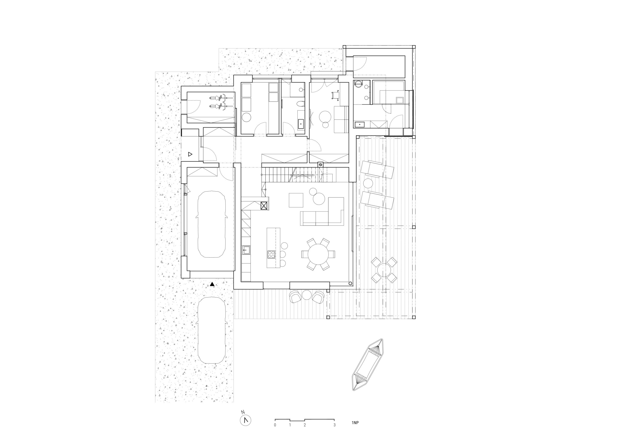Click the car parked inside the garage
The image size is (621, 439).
(x=212, y=224)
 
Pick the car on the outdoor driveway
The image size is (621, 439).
(x=212, y=330)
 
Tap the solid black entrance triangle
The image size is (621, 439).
(x=212, y=284)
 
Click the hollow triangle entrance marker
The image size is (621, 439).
(x=190, y=154)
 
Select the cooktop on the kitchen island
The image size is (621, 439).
(x=271, y=254)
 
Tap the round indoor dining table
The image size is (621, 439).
(x=318, y=254)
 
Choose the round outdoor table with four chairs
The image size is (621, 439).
(x=384, y=270)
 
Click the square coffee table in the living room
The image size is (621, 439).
(x=296, y=200)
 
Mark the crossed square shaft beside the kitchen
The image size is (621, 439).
(x=264, y=206)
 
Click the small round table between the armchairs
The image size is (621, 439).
(x=307, y=295)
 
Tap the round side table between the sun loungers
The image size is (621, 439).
(x=368, y=183)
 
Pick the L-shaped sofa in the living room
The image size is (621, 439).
(x=322, y=211)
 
